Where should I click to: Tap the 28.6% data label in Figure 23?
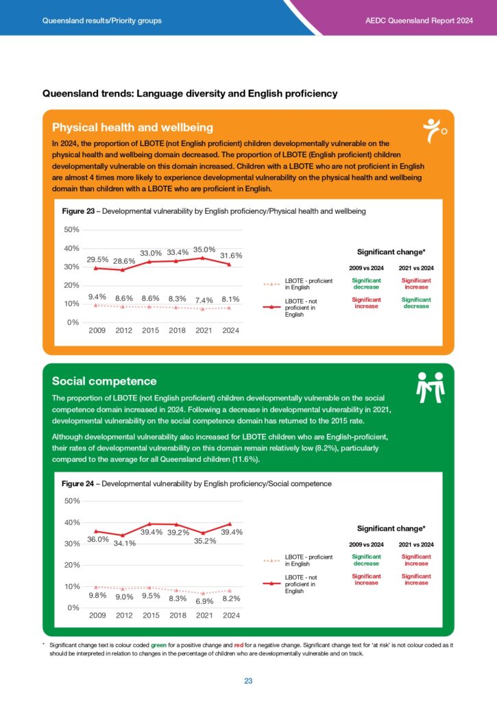point(124,261)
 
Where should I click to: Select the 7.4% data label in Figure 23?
point(204,300)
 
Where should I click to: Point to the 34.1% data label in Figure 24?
point(124,543)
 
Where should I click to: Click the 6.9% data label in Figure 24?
point(204,601)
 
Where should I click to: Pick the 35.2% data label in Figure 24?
point(204,540)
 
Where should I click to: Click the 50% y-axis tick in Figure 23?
point(71,230)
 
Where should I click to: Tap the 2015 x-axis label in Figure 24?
point(151,615)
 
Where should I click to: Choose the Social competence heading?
point(104,380)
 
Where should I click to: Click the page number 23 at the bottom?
point(248,681)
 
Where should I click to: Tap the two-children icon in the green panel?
point(431,388)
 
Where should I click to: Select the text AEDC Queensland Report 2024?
point(420,21)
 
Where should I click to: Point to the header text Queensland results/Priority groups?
point(102,21)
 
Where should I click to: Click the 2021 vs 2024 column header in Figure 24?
point(416,544)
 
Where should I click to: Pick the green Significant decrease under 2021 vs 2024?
point(416,303)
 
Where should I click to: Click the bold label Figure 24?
point(77,483)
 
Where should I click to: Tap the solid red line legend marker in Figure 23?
point(272,308)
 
